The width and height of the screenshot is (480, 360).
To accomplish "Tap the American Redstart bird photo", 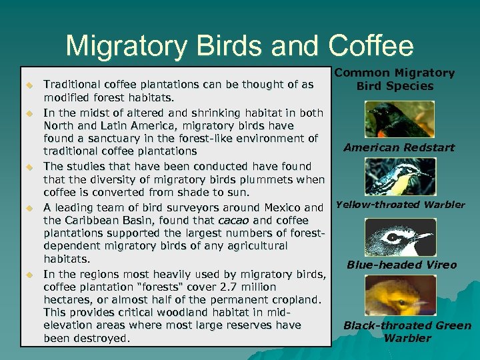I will click(400, 119).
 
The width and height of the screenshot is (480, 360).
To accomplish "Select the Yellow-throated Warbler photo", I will click(400, 177).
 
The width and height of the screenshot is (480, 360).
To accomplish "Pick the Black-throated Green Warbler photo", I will click(400, 295).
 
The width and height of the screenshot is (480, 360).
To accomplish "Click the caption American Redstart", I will click(399, 147).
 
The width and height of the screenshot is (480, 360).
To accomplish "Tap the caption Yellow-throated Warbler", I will click(400, 205).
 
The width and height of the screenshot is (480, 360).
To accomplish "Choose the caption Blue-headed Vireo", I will click(401, 265).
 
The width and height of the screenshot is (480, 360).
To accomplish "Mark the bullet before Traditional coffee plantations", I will click(29, 85).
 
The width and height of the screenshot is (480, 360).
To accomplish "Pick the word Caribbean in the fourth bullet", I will click(95, 220).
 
